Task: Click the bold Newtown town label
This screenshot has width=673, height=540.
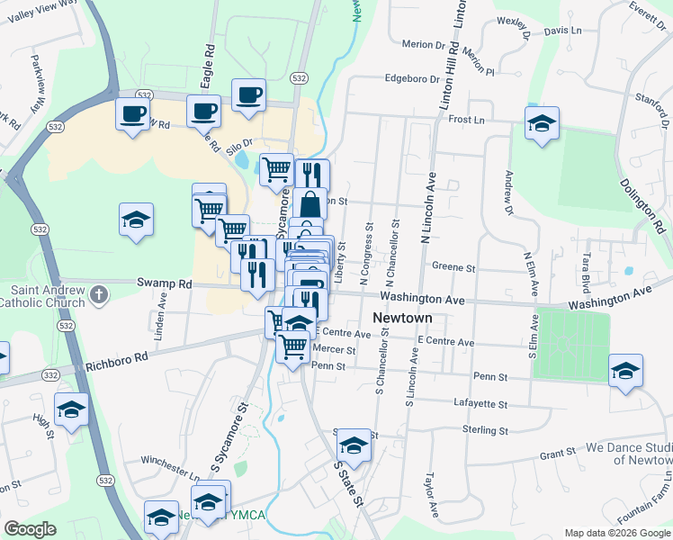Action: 402,319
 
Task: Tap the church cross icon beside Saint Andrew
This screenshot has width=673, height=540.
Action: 99,293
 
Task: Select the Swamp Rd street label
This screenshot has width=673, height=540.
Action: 165,283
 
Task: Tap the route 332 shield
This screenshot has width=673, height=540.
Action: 50,374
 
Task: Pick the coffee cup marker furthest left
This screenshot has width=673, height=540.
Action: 133,114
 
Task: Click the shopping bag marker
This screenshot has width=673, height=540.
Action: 310,203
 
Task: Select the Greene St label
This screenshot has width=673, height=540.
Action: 453,267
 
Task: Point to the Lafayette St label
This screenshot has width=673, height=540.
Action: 481,405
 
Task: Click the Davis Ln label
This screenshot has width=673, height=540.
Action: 563,31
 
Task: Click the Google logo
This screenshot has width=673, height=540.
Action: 30,529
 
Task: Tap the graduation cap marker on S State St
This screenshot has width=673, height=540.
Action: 354,445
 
